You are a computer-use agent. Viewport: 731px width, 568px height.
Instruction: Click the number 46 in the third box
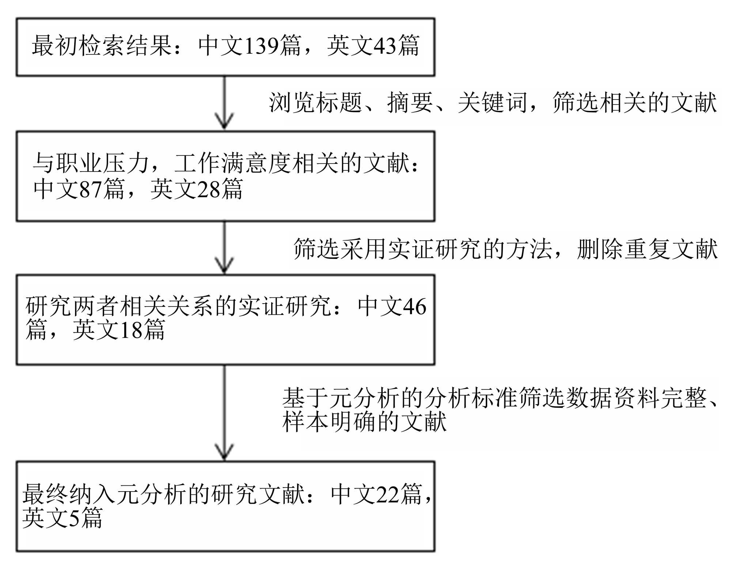click(414, 306)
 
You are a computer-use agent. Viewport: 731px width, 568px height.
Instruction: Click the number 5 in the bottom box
click(74, 518)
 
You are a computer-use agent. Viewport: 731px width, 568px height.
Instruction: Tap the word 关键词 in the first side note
click(492, 103)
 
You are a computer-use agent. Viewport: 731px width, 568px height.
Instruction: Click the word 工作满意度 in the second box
click(232, 163)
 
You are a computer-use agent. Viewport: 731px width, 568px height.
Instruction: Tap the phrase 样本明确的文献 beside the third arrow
click(364, 422)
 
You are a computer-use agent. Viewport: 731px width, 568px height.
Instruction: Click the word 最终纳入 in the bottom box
click(68, 494)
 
